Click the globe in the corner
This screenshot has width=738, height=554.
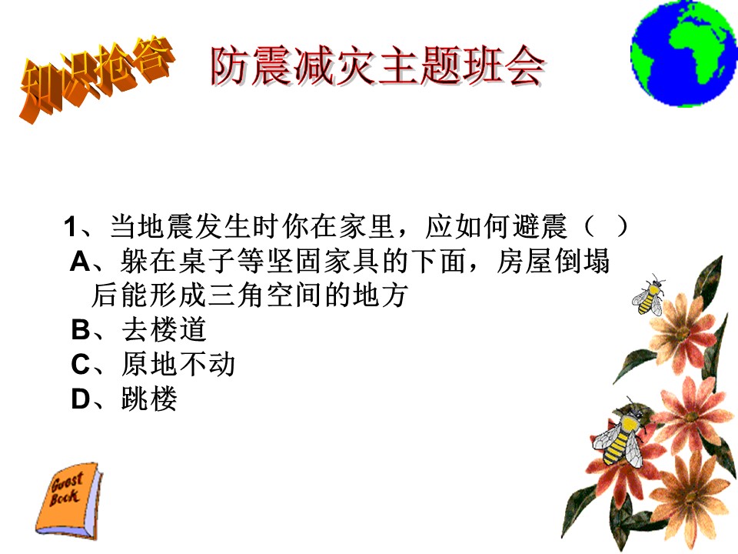click(x=684, y=53)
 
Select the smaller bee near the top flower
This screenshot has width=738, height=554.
click(x=649, y=295)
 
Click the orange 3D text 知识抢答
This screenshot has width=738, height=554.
click(x=97, y=78)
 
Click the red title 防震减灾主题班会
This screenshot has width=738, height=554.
click(x=377, y=66)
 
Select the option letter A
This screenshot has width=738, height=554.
click(x=80, y=262)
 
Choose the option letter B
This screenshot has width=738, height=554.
click(x=81, y=330)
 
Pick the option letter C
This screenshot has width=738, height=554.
click(x=81, y=365)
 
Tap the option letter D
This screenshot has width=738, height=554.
click(x=81, y=399)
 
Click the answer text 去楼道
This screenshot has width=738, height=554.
click(x=164, y=329)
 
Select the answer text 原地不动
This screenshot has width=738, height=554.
click(x=178, y=364)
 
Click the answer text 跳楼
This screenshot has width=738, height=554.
click(x=149, y=399)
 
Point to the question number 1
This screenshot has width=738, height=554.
click(x=71, y=227)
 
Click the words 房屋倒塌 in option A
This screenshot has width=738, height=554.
click(x=553, y=261)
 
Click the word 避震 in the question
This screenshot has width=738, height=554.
click(x=540, y=226)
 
